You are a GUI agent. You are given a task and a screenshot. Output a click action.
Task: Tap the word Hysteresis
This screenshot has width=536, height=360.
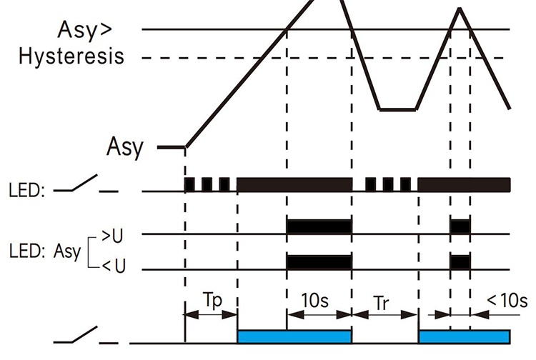point(71,56)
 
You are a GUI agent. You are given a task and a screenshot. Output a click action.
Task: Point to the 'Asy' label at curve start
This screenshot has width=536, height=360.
point(125,147)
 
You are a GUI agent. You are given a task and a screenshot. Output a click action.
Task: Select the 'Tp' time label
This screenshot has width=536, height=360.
point(210,299)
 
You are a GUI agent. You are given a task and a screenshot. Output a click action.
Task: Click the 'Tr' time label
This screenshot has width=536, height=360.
point(384,300)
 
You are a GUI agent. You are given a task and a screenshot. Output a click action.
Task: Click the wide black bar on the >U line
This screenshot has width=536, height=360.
point(319,226)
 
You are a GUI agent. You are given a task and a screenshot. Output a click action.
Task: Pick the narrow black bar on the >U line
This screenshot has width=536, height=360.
point(460,226)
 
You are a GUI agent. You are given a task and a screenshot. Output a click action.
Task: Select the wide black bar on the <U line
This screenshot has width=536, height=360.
point(319,261)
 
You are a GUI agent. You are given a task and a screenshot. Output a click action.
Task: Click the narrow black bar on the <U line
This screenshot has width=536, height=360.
point(460,261)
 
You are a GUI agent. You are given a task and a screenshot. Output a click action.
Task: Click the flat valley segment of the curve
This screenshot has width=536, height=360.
point(397,110)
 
